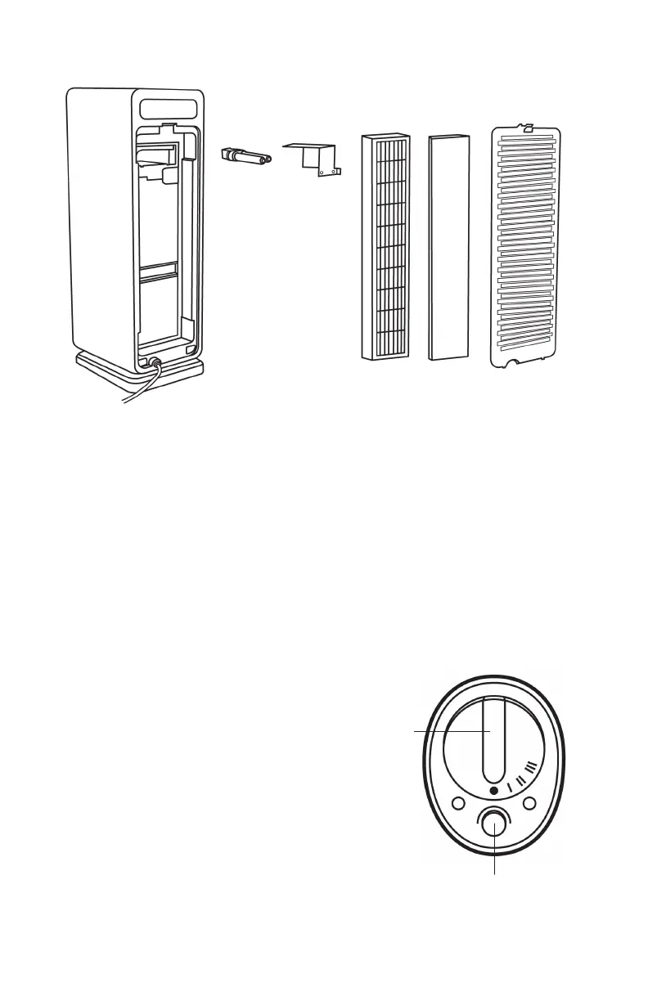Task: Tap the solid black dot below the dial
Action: click(x=493, y=791)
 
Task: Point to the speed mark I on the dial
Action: click(x=509, y=786)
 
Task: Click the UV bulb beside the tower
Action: click(x=246, y=155)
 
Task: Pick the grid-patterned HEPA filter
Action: click(x=385, y=248)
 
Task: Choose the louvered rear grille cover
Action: click(x=527, y=249)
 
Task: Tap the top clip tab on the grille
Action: click(x=528, y=128)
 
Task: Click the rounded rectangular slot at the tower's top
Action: click(x=169, y=108)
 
